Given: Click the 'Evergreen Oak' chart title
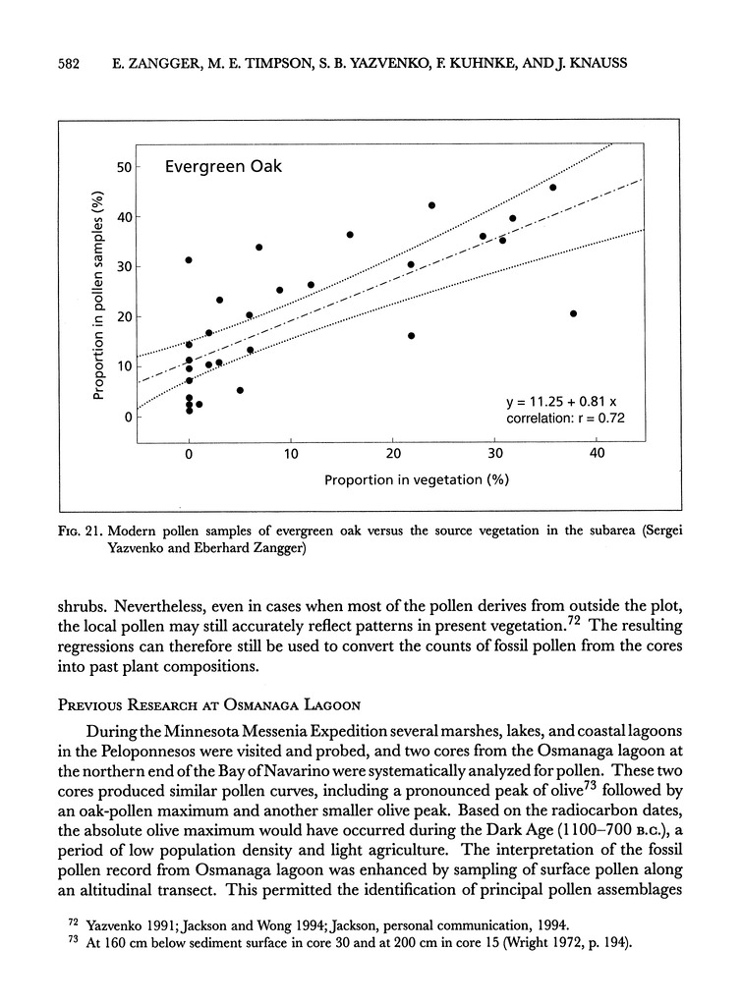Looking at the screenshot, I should click(223, 167).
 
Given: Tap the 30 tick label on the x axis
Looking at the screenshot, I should click(494, 453).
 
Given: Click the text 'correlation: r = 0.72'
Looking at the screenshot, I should click(565, 419).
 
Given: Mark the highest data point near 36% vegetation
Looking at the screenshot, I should click(552, 187).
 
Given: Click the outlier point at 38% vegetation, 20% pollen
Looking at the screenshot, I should click(573, 313).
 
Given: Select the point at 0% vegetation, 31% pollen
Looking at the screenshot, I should click(189, 260).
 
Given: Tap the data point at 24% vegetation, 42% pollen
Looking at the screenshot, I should click(431, 205).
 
